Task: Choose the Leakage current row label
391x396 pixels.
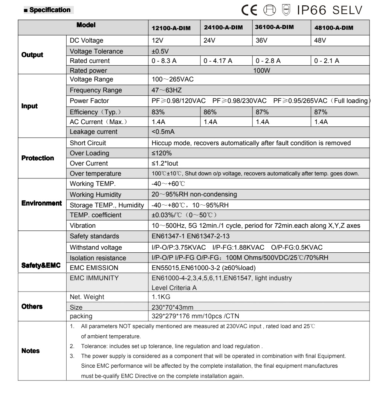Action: point(93,132)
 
